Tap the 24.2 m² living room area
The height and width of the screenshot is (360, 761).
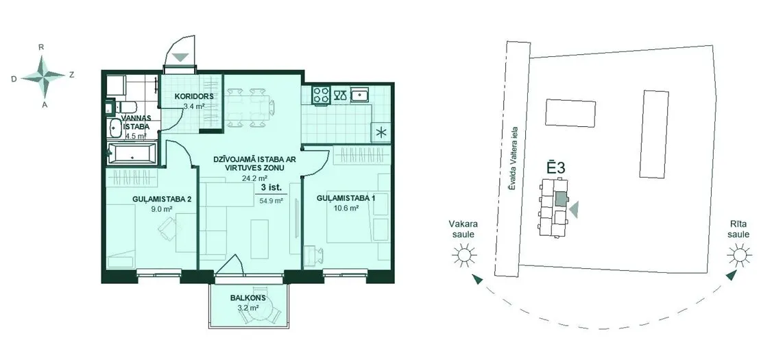[250, 178]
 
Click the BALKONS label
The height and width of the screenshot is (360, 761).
[247, 298]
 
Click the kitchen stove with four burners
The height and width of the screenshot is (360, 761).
[322, 94]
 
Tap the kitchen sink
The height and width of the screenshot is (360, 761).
[360, 95]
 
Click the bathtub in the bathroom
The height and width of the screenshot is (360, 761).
[132, 154]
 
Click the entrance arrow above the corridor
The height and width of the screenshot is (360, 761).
[180, 57]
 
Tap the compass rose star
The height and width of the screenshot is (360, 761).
[43, 75]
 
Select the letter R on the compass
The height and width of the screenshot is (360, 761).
[42, 47]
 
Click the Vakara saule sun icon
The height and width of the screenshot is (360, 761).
[463, 254]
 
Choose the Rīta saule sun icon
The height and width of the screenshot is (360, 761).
[739, 254]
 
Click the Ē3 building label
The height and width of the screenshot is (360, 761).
[556, 169]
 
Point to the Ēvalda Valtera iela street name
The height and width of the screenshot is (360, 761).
[513, 158]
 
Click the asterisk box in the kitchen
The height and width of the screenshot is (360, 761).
[380, 132]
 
